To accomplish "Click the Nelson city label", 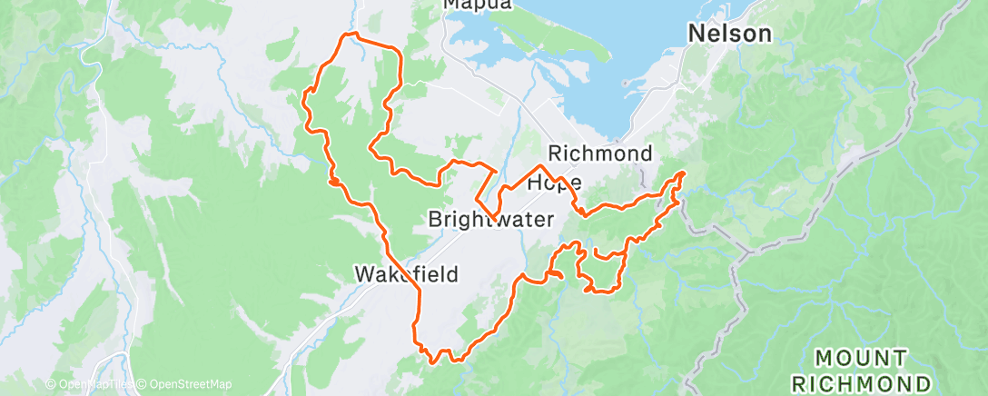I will click(730, 35).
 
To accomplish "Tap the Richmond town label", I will click(600, 153).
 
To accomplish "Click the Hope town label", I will click(554, 183).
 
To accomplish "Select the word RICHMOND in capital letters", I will click(861, 382).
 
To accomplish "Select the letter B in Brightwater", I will click(434, 220).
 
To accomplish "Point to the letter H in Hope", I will click(536, 183).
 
